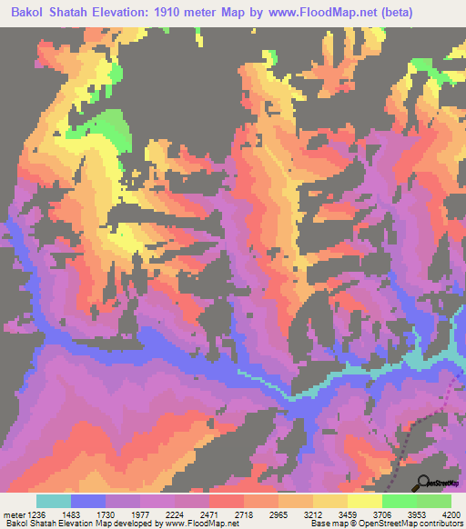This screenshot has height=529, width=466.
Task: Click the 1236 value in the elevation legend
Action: click(35, 514)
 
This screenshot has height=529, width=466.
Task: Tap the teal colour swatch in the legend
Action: click(53, 501)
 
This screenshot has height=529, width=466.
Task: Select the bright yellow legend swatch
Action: click(364, 501)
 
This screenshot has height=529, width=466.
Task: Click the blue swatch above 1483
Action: click(87, 501)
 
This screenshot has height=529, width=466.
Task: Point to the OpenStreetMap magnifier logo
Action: click(424, 482)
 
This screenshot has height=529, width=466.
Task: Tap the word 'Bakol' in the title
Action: click(31, 12)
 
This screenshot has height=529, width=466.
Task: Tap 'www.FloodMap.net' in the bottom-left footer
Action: click(196, 524)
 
